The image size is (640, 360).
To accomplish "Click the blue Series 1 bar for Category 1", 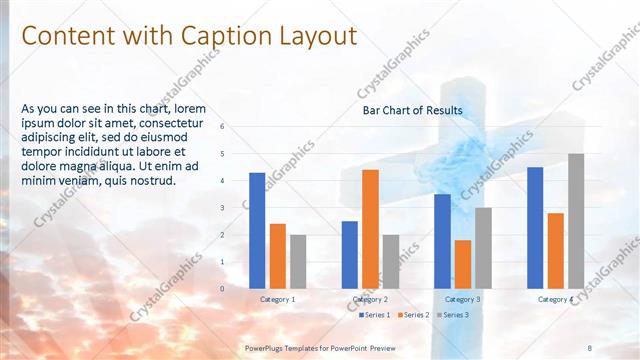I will click(x=257, y=230).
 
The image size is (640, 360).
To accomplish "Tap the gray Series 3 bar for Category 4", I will click(x=576, y=221).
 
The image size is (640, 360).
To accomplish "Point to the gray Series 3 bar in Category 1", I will click(x=299, y=261).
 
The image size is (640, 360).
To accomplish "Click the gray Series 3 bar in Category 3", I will click(x=483, y=248).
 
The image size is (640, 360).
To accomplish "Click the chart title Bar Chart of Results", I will click(x=412, y=110).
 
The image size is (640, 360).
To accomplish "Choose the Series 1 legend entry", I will click(x=374, y=315).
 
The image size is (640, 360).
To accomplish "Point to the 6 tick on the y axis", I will click(x=223, y=127).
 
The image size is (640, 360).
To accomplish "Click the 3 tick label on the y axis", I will click(x=223, y=208).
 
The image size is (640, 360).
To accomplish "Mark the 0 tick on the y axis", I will click(x=223, y=288).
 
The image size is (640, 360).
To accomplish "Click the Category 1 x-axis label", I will click(x=278, y=299).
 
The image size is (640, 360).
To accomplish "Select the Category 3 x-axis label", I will click(x=462, y=299).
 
